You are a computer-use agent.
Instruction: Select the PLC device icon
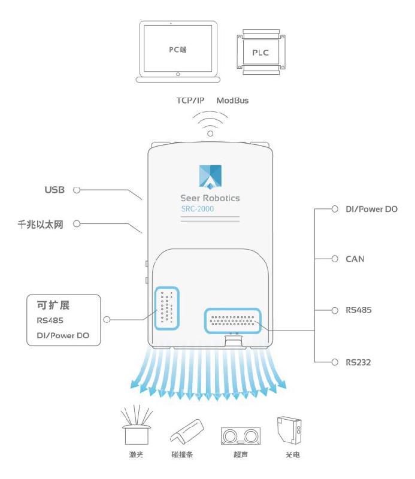(260, 52)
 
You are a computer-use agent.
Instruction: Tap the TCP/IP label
(189, 101)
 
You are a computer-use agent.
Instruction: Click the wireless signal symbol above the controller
(210, 124)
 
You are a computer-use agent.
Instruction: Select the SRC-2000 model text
(198, 209)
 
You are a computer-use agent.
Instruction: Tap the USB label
(54, 190)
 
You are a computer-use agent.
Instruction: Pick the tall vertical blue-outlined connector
(166, 308)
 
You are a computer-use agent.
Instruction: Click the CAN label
(355, 259)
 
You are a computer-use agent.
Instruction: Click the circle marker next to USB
(76, 190)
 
